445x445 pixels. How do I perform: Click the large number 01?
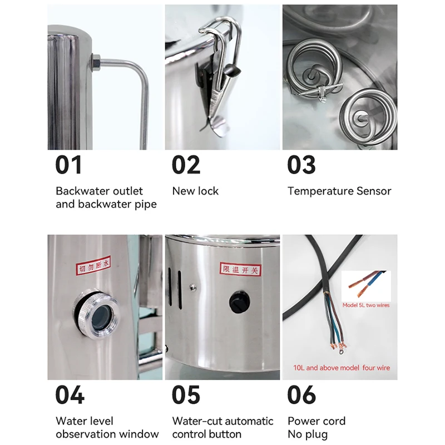click(x=68, y=165)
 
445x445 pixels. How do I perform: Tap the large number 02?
click(x=186, y=165)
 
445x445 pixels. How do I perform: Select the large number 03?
click(x=301, y=165)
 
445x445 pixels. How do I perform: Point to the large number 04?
click(x=70, y=394)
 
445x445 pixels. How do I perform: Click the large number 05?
click(x=186, y=394)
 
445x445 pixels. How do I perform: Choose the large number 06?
click(x=301, y=394)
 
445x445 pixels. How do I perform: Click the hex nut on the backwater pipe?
click(x=95, y=62)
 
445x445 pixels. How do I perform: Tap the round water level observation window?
click(x=97, y=313)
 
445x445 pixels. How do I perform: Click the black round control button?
click(x=240, y=301)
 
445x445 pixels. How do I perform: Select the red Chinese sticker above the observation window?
click(x=93, y=265)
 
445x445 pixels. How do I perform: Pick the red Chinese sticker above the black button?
click(x=240, y=269)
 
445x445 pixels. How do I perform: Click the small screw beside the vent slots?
click(x=193, y=288)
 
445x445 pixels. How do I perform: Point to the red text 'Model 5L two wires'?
click(x=366, y=305)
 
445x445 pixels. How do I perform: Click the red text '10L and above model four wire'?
click(x=342, y=368)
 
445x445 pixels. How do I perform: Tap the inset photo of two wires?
click(x=366, y=286)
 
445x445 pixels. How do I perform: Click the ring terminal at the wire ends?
click(x=340, y=352)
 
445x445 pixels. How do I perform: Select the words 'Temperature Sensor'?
click(x=339, y=191)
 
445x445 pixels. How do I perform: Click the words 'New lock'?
click(x=195, y=191)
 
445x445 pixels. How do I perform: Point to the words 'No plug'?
click(x=308, y=434)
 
